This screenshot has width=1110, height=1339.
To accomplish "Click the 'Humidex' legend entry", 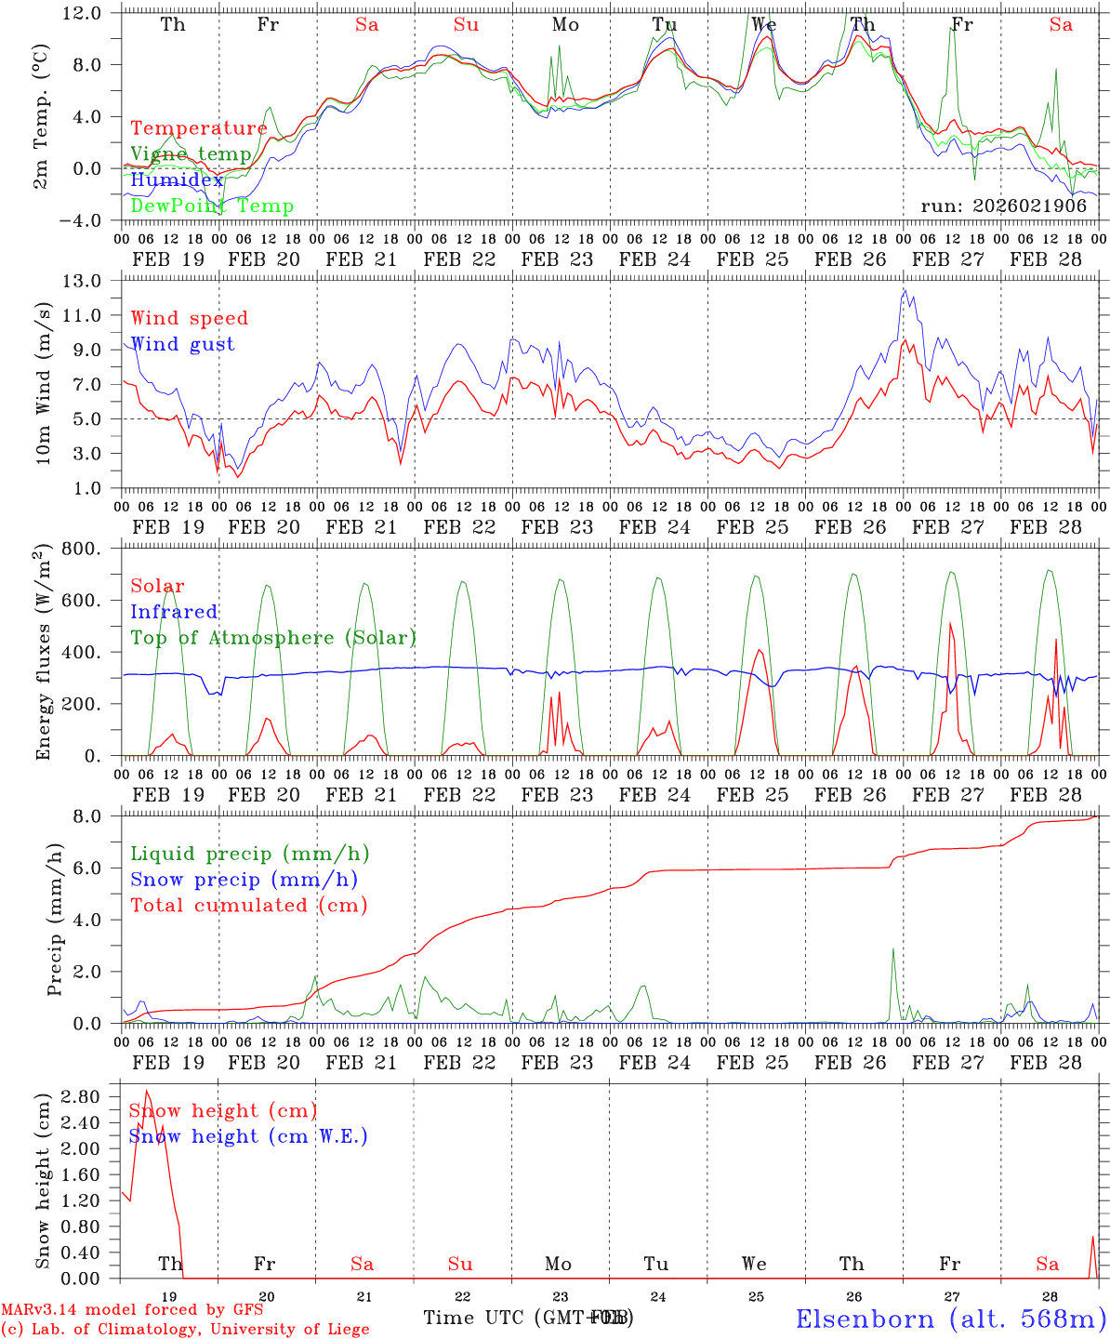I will coord(177,180).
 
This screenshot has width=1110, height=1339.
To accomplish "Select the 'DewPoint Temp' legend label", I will coord(212,206).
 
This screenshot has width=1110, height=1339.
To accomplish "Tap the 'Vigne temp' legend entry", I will coord(191,154).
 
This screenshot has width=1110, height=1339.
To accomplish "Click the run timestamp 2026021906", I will coord(1003,206).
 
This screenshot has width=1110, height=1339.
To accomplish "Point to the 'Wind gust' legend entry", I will coord(182,344).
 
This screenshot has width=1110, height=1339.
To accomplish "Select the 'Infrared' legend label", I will coord(174,612).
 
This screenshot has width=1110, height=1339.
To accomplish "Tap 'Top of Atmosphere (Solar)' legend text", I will coord(273,638).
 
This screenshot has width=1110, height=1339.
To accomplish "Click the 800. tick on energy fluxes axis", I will coord(91,549).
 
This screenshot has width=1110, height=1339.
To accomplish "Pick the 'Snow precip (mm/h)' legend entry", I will coord(244,880).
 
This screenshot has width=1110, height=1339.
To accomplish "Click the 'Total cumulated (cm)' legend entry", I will coord(248,906).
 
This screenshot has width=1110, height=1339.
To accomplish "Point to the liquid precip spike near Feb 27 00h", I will coord(892,949).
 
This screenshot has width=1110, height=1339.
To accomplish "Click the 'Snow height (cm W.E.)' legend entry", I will coord(248,1136).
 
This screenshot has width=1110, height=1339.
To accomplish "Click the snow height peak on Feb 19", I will coord(146,1091).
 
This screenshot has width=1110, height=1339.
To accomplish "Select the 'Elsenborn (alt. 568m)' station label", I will coord(950,1319).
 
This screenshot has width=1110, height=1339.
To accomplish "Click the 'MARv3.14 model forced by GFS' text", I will coord(132,1310).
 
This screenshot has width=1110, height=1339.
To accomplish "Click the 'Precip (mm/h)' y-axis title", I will coord(55,920).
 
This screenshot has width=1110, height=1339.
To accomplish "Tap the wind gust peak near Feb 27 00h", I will coord(905,289).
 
